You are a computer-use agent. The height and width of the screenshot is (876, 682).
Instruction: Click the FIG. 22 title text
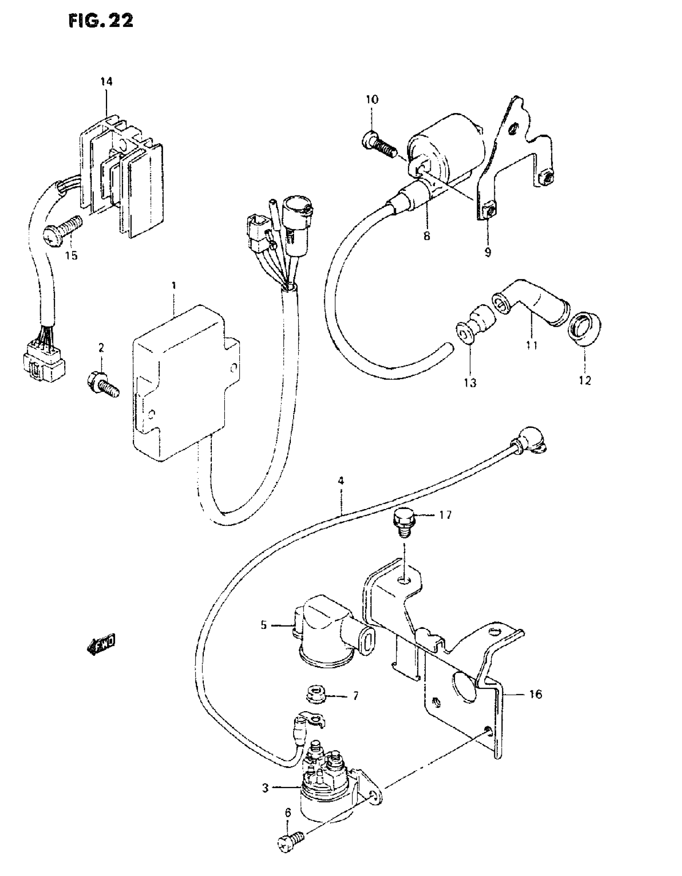tap(101, 21)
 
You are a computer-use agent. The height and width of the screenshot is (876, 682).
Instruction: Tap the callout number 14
tap(107, 82)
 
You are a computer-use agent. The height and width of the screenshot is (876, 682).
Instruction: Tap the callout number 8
tap(426, 236)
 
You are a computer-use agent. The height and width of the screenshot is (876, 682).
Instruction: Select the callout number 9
tap(488, 253)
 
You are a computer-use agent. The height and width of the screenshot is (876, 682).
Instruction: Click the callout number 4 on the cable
tap(341, 481)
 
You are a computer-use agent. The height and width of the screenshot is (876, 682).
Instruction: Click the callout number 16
tap(536, 694)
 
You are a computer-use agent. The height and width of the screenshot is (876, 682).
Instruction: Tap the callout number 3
tap(265, 788)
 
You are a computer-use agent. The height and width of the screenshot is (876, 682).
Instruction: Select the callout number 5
tap(264, 625)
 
